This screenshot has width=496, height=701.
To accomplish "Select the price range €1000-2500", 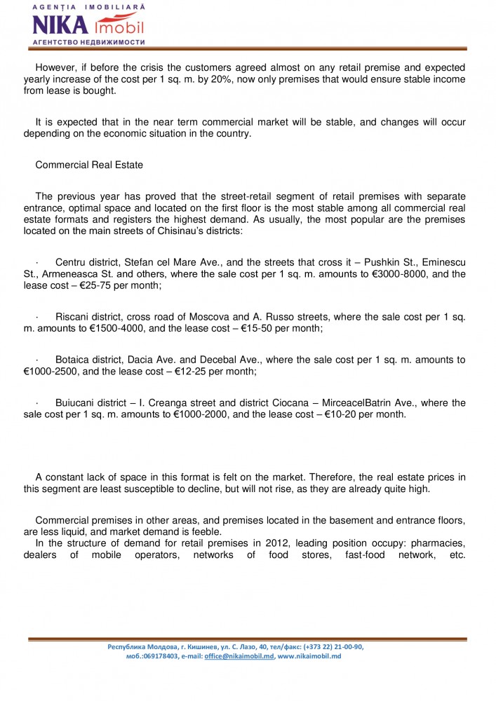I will coord(55,372).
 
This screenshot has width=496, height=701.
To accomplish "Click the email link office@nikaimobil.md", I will coord(239,656).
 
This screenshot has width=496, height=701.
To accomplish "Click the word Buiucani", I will coord(76,402).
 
